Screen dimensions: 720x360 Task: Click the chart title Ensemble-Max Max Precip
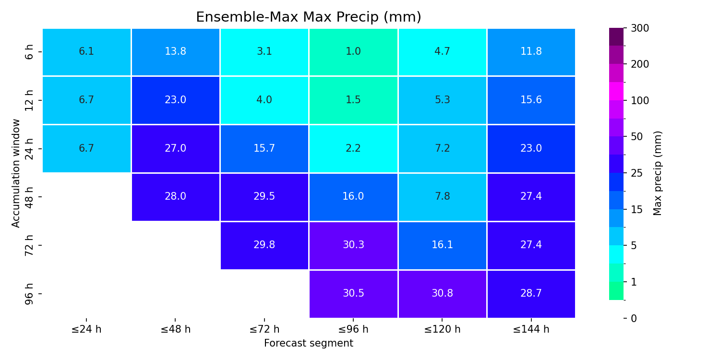(x=309, y=17)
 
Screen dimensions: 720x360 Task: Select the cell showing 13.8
(x=176, y=52)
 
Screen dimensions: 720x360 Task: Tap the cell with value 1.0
(x=353, y=52)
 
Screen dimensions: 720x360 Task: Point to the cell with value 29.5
(x=264, y=197)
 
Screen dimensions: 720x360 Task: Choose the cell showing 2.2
(x=353, y=149)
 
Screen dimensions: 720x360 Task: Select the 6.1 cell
(x=86, y=52)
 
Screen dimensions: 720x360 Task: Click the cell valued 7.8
(x=442, y=197)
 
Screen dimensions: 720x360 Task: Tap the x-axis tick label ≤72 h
(x=264, y=329)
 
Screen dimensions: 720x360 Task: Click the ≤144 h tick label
(x=531, y=329)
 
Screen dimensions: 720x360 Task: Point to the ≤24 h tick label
(x=86, y=329)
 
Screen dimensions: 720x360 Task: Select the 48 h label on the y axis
(x=29, y=197)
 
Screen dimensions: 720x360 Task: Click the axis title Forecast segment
(x=309, y=343)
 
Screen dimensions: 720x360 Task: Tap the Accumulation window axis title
(x=15, y=173)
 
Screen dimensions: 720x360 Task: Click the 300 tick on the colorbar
(x=640, y=28)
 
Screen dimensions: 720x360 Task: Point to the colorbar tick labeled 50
(x=637, y=137)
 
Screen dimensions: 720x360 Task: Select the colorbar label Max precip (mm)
(x=657, y=173)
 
